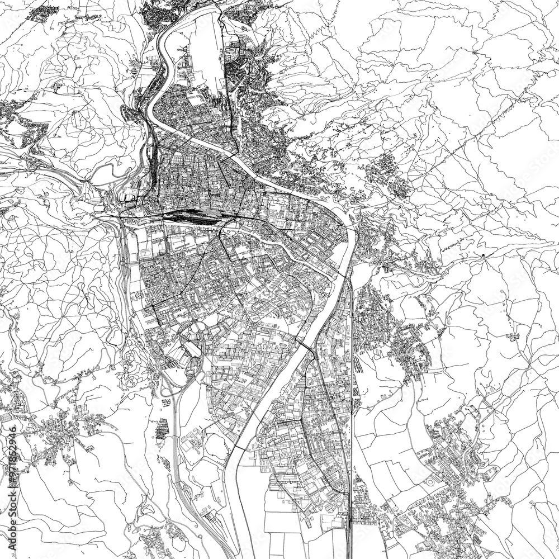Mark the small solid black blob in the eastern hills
[482, 255]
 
